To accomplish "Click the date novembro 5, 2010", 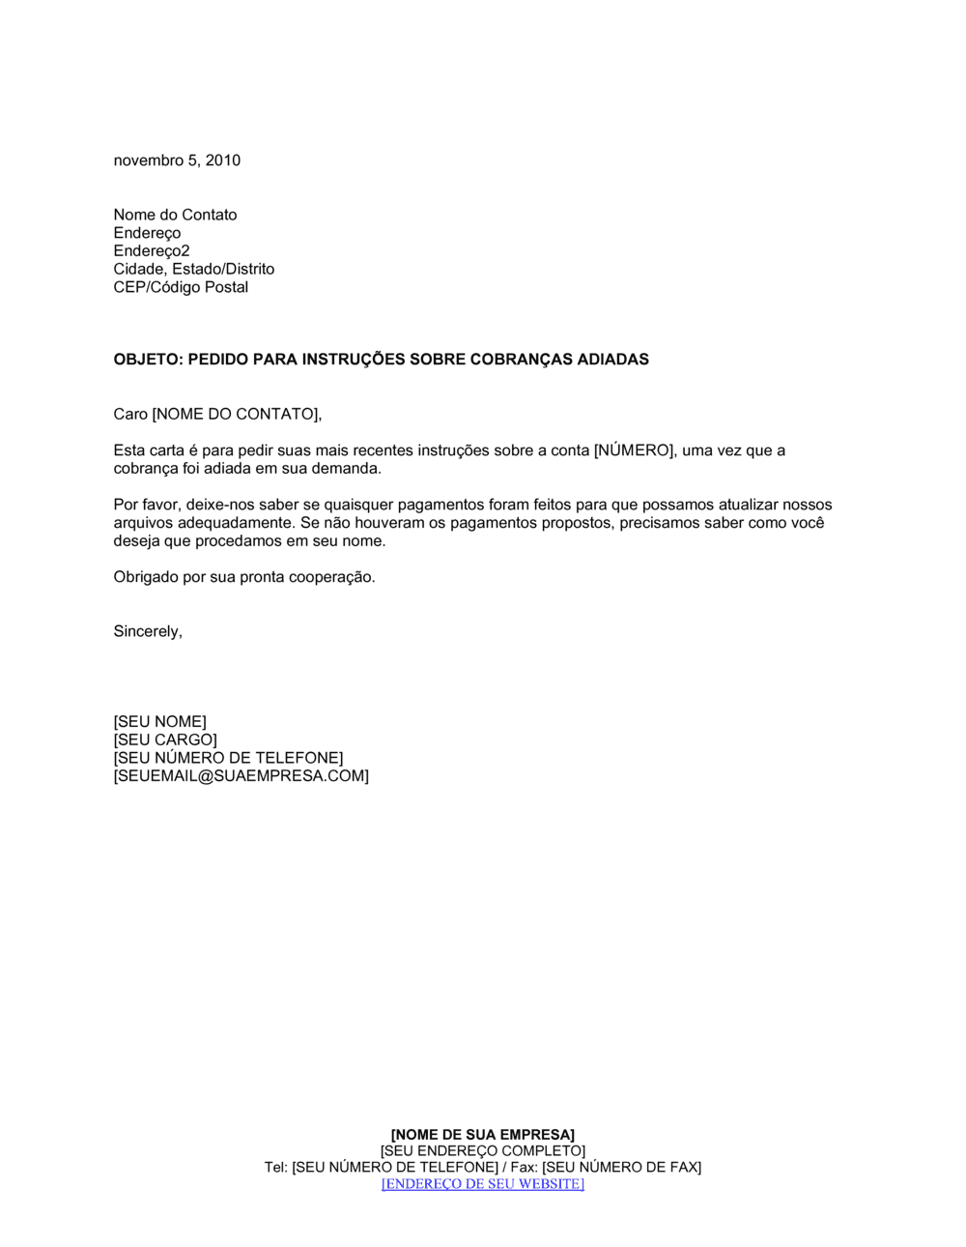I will click(x=177, y=160).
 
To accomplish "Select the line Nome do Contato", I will click(x=175, y=215).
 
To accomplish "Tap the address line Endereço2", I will click(x=152, y=251).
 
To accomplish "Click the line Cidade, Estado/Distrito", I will click(x=193, y=269).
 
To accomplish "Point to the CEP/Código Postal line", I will click(x=181, y=287).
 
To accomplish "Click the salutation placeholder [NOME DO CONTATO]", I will click(x=236, y=415).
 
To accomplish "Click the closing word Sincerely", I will click(x=147, y=631).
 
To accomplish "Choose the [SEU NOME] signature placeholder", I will click(x=159, y=722).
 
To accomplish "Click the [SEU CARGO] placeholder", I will click(x=165, y=740).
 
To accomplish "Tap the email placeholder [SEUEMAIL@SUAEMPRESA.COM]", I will click(x=241, y=776).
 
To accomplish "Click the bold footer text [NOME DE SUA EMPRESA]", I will click(x=482, y=1135).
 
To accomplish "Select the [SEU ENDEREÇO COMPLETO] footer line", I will click(x=482, y=1151).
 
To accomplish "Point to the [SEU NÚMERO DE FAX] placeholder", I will click(x=621, y=1168).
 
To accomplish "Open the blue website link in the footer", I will click(x=482, y=1184).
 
